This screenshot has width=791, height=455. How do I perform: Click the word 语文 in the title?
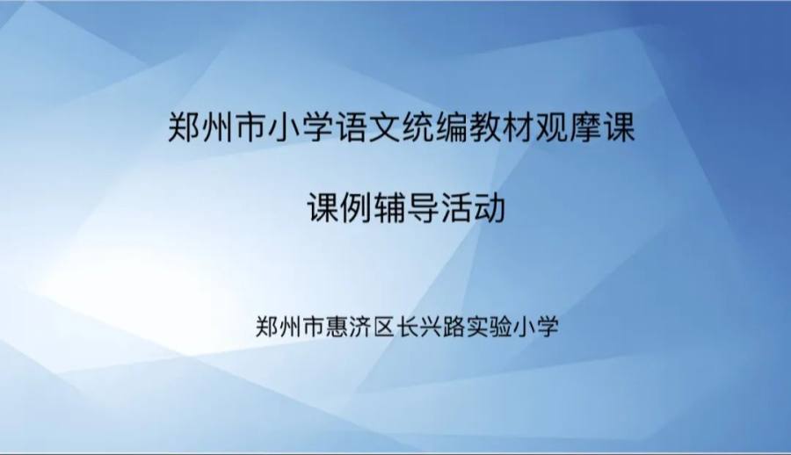[367, 127]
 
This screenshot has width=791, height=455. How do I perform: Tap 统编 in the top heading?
[435, 127]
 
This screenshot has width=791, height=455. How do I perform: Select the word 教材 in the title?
[502, 127]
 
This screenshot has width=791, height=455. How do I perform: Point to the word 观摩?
[569, 127]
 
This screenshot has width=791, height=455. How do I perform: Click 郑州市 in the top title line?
[217, 127]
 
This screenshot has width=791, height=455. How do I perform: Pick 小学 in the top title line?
[301, 127]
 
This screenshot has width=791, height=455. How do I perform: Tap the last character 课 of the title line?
[619, 127]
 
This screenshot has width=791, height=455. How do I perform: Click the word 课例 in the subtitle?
[339, 208]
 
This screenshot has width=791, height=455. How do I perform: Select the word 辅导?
[406, 208]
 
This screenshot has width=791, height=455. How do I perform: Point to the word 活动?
[473, 208]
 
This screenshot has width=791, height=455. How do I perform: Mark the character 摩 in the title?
[585, 127]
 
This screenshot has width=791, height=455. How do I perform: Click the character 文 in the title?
[384, 127]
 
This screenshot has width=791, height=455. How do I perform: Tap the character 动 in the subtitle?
[490, 208]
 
